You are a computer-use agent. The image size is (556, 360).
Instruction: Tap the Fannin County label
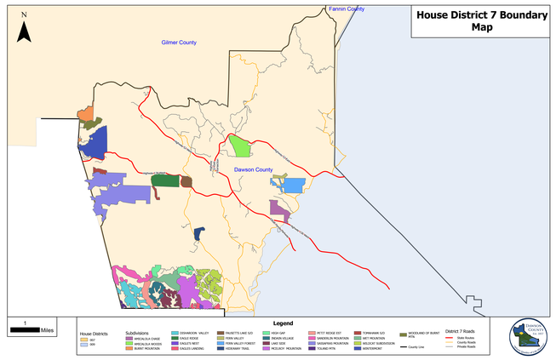point(346,9)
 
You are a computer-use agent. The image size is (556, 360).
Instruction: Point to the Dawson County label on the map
point(254,171)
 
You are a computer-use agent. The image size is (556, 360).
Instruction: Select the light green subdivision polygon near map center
point(241,146)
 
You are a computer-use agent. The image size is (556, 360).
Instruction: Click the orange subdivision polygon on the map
point(85,114)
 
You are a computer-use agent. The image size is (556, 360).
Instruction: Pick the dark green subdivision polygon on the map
point(165,180)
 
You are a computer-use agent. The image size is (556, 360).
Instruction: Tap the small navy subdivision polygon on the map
point(198,233)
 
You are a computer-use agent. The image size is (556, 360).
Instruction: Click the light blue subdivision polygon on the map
point(291,185)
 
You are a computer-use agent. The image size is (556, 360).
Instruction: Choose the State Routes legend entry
point(465,337)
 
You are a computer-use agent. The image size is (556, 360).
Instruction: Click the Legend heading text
point(284,323)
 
